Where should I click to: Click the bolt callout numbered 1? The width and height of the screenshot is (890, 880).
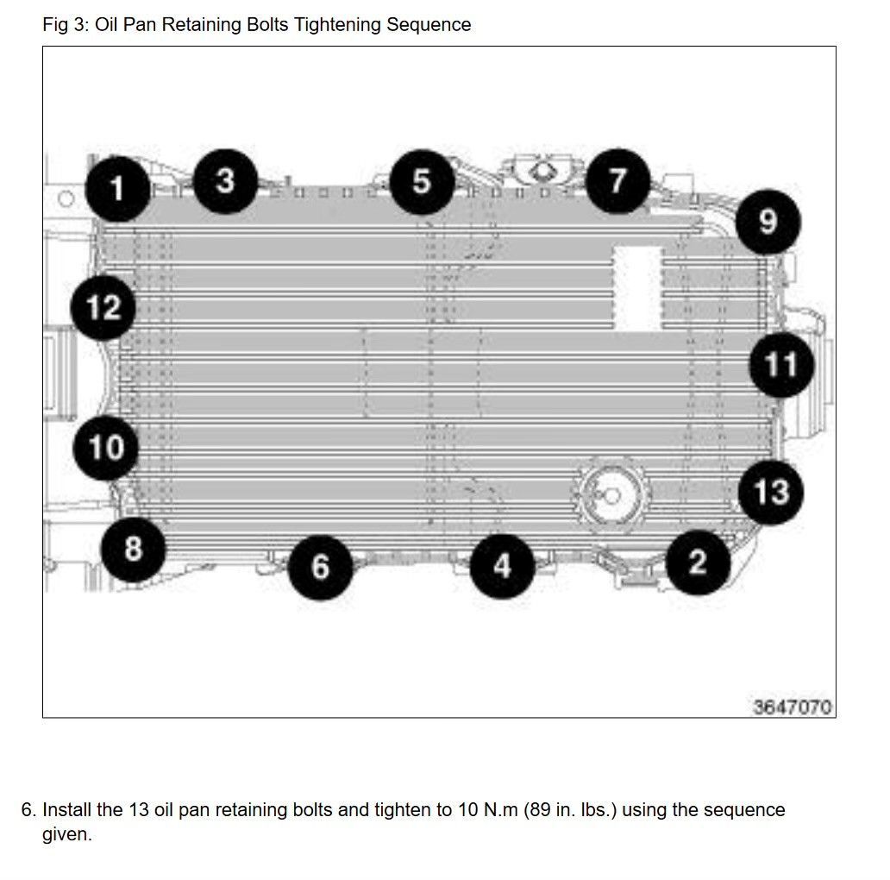point(117,189)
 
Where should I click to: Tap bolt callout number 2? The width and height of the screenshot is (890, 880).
point(698,562)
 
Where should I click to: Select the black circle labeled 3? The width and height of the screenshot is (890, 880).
point(225,182)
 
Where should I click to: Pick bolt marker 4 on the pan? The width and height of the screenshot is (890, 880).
point(502,566)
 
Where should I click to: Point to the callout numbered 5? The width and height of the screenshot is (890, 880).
point(422,182)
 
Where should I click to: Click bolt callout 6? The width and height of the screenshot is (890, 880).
point(321,567)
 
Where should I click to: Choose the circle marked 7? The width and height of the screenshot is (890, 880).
point(617,181)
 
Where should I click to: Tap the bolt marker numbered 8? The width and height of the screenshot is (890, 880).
point(134,549)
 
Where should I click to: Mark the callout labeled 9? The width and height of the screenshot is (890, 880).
point(768,222)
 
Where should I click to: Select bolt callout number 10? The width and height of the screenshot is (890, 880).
point(106,448)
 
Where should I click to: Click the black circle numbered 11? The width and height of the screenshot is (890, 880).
point(781,364)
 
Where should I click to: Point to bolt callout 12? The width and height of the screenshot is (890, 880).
point(103,308)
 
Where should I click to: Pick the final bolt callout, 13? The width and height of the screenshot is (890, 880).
point(771,492)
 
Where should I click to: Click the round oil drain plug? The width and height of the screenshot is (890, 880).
point(611,495)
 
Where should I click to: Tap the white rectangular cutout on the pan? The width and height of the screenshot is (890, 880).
point(637,288)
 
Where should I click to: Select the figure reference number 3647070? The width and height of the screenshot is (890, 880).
point(792,707)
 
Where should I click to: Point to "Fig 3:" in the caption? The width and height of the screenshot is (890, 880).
point(66,25)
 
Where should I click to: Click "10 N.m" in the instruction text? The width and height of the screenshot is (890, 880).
point(488,809)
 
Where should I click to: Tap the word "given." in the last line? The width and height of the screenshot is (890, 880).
point(67,834)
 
